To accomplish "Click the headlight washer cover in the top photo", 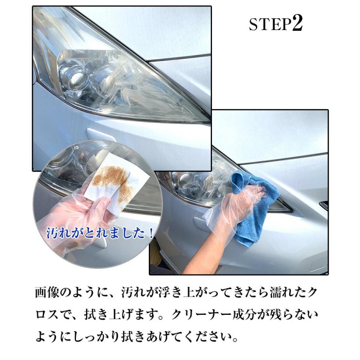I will pyautogui.click(x=100, y=135).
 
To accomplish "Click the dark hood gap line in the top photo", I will pyautogui.click(x=180, y=58).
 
